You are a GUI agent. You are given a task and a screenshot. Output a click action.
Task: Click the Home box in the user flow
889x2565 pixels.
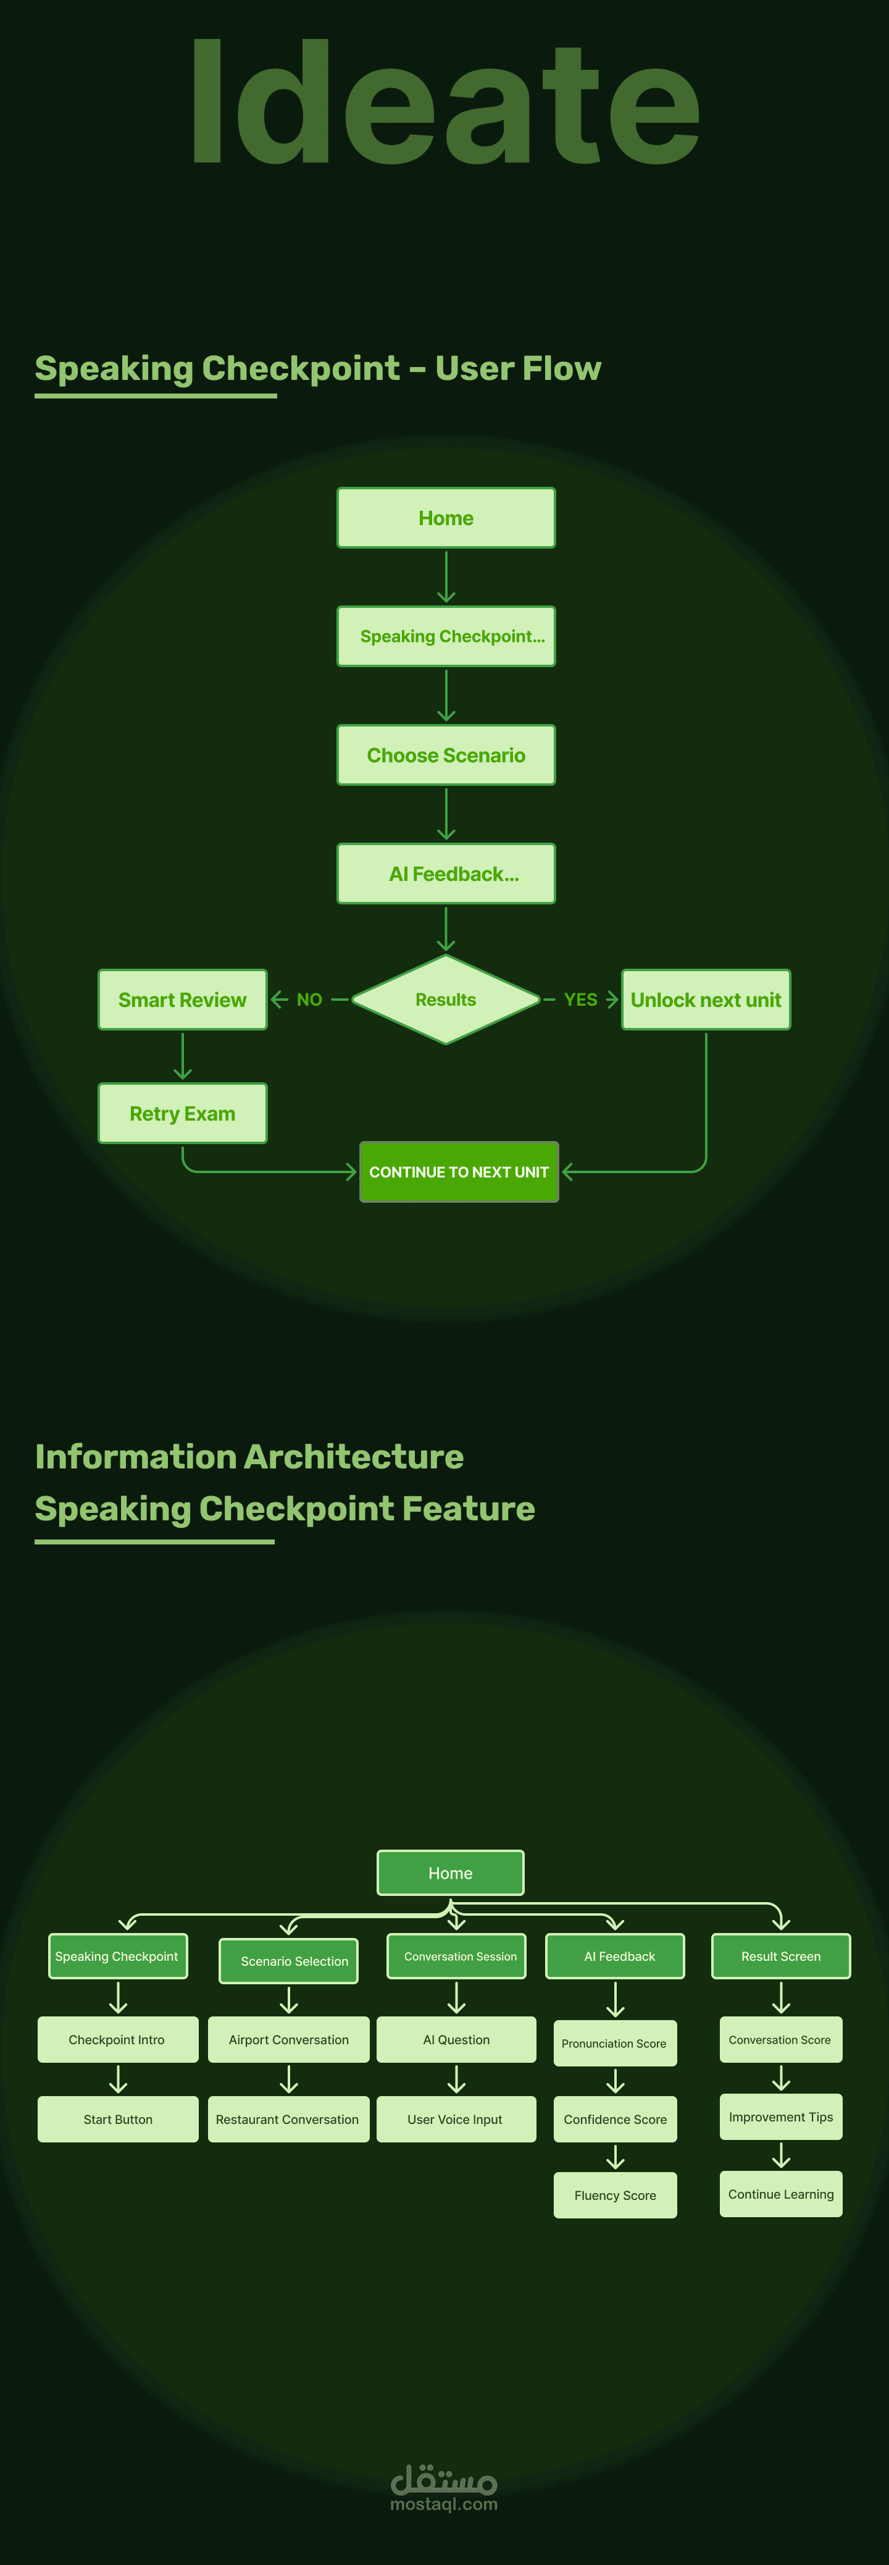click(x=446, y=518)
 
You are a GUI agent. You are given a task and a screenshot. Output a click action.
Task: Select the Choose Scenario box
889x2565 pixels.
click(x=446, y=755)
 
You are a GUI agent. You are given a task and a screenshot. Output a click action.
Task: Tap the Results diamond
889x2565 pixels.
click(x=446, y=1000)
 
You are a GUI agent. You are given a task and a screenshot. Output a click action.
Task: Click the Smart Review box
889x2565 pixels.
click(x=182, y=1000)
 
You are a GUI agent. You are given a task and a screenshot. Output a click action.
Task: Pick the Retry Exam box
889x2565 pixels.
click(x=182, y=1113)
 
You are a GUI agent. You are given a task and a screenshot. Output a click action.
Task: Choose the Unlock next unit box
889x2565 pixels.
click(x=706, y=1000)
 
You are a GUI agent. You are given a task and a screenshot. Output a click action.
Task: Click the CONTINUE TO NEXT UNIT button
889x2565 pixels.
click(x=459, y=1172)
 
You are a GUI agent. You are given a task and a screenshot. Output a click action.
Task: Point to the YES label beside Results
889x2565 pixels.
click(x=580, y=1000)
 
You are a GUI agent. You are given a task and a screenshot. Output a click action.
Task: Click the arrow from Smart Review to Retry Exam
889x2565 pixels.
click(x=182, y=1056)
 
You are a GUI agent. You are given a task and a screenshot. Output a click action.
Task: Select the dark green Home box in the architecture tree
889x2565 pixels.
click(x=450, y=1873)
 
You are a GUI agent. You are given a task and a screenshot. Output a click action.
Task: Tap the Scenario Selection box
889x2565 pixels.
click(x=289, y=1961)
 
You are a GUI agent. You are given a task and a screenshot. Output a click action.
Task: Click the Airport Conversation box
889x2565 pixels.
click(x=289, y=2039)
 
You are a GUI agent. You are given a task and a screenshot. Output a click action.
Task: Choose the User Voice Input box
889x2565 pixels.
click(x=456, y=2119)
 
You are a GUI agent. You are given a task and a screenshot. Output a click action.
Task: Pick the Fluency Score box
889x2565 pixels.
click(x=616, y=2194)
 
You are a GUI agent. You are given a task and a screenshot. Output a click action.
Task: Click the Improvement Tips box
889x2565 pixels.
click(x=780, y=2117)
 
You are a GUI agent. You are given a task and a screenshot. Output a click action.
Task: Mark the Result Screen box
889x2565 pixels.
click(x=780, y=1956)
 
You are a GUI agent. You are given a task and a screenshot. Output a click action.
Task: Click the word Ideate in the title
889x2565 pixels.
click(x=445, y=104)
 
